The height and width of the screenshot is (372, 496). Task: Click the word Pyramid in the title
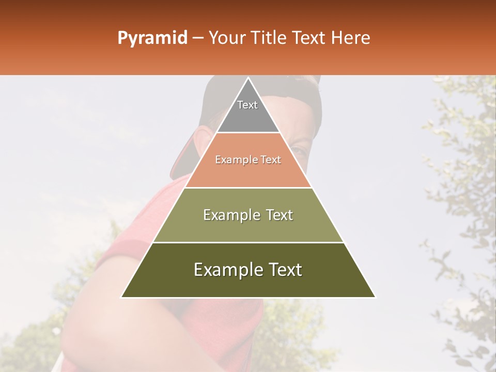[152, 38]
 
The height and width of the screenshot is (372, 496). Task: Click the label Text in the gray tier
[247, 105]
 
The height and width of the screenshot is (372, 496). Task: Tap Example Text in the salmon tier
[248, 160]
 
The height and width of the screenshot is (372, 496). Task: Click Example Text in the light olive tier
[248, 215]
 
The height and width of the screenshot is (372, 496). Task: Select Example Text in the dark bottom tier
[248, 270]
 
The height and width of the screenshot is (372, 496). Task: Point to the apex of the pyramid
[248, 79]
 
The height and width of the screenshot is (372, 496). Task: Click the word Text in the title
[311, 38]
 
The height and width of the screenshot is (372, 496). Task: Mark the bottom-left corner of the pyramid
[121, 297]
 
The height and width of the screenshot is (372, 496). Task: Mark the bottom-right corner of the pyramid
[375, 297]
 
